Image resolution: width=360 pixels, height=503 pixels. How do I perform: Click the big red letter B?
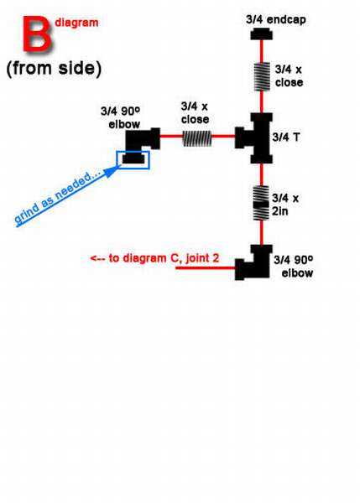click(36, 35)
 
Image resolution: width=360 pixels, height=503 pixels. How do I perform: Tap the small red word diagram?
click(76, 23)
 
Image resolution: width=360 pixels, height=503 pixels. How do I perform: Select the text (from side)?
click(54, 69)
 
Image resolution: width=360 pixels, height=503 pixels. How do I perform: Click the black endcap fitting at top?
click(262, 34)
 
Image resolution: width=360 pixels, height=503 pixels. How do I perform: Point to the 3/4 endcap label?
click(276, 19)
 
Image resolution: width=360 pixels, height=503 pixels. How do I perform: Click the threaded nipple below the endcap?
click(262, 76)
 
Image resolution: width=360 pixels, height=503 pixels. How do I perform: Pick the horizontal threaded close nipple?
click(197, 138)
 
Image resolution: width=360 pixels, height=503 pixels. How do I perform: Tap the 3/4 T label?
click(286, 137)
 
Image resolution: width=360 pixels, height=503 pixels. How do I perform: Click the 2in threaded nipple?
click(261, 203)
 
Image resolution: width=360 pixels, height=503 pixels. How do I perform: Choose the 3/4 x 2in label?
click(285, 205)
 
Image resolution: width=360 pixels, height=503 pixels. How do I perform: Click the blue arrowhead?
click(112, 172)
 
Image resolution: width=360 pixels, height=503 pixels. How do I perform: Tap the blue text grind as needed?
click(57, 197)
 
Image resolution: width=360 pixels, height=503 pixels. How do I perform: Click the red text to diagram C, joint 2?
click(154, 258)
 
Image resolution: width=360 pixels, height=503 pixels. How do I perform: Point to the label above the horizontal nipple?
click(195, 113)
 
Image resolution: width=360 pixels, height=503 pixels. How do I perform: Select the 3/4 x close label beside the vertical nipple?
click(289, 76)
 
